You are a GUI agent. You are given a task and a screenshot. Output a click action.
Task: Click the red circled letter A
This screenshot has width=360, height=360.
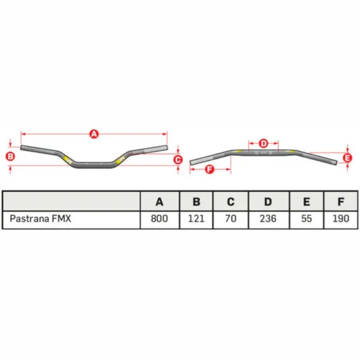click(94, 134)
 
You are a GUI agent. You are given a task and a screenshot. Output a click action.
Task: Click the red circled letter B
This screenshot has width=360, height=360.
click(10, 156)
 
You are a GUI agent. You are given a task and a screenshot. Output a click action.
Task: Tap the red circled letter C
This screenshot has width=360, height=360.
click(178, 160)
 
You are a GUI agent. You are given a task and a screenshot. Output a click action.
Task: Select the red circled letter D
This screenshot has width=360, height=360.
click(264, 143)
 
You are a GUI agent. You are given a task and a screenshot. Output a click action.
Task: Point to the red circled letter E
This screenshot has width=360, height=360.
click(348, 158)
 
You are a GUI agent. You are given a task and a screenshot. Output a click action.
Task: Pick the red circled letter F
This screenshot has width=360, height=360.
click(210, 170)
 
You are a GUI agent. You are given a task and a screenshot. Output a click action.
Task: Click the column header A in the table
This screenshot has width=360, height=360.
click(159, 202)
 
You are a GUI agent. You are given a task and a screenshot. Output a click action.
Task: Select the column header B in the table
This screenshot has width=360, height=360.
click(197, 202)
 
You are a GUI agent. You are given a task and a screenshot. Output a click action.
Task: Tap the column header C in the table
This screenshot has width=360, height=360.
click(231, 202)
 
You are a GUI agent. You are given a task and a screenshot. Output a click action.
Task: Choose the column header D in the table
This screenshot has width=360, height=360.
click(268, 202)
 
